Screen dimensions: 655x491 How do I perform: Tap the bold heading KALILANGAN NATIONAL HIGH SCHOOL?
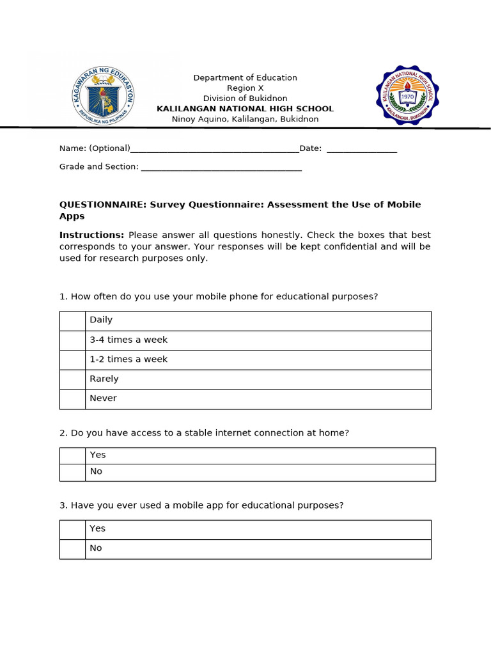[245, 109]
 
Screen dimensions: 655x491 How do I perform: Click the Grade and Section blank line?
[221, 168]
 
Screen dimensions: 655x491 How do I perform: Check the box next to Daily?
[72, 320]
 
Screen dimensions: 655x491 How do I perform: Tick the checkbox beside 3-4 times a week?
[72, 340]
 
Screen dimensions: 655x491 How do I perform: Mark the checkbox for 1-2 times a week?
[72, 359]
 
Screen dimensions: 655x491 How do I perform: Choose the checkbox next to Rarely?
[72, 379]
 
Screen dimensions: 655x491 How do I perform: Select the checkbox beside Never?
[72, 399]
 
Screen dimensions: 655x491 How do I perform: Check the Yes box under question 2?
[72, 455]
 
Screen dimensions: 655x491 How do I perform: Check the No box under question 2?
[72, 472]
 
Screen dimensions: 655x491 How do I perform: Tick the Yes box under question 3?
[72, 529]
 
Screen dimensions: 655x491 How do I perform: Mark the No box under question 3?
[72, 549]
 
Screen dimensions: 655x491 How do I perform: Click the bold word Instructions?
[91, 235]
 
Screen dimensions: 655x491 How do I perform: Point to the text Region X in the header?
[245, 88]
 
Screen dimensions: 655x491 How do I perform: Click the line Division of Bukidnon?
[245, 99]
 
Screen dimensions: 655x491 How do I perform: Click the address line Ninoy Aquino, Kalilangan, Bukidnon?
[245, 120]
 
